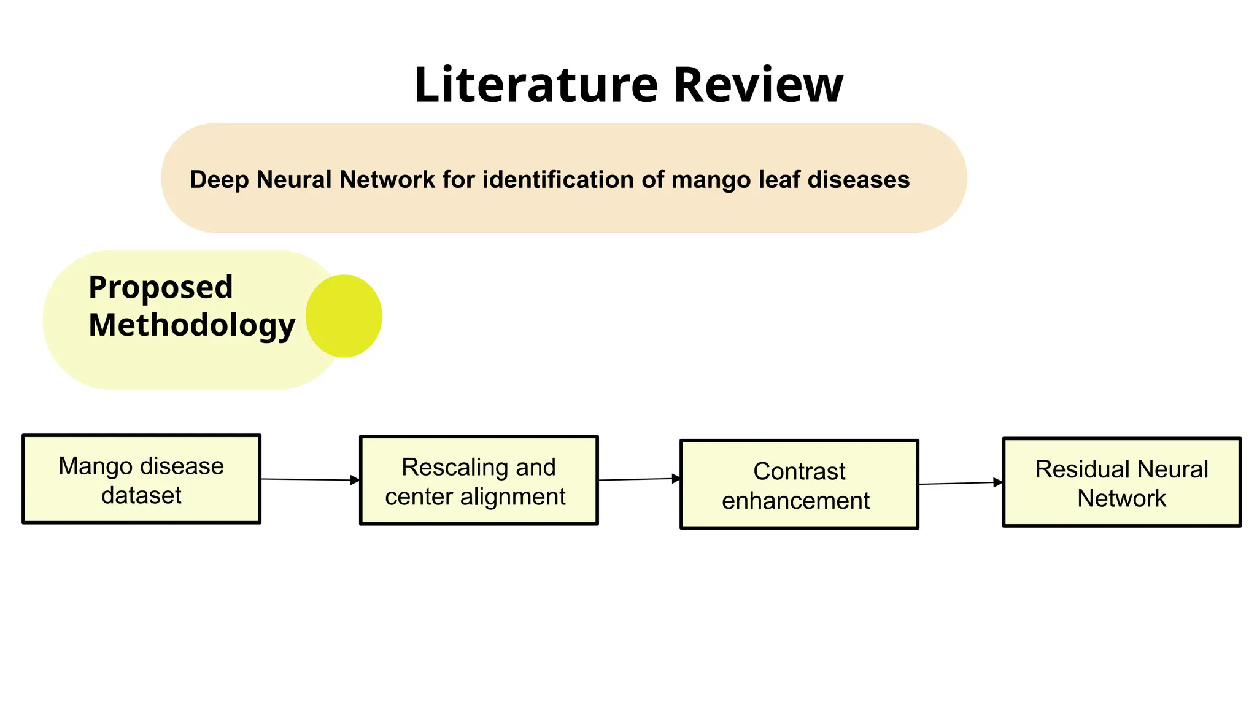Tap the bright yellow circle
click(x=344, y=316)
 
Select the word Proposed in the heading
click(x=161, y=287)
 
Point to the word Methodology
click(x=191, y=325)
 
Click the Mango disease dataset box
click(x=141, y=479)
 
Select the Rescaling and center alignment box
click(x=479, y=481)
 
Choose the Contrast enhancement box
click(x=799, y=484)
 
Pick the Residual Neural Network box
click(x=1121, y=482)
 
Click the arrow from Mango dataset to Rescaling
click(x=310, y=479)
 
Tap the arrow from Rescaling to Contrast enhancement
click(x=639, y=479)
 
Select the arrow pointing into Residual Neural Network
click(x=961, y=484)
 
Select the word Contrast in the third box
click(x=799, y=471)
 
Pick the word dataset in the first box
click(x=141, y=495)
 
